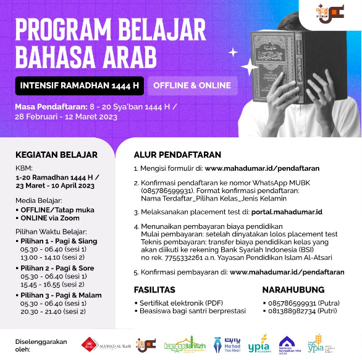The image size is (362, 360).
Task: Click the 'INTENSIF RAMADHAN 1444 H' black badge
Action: pos(79,85)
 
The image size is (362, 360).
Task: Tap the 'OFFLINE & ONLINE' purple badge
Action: pos(192,85)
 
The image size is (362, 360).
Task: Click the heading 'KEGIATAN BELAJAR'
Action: pos(56,154)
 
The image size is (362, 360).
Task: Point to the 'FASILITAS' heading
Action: pos(154,289)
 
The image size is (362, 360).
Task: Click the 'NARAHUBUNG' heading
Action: pos(293,289)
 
